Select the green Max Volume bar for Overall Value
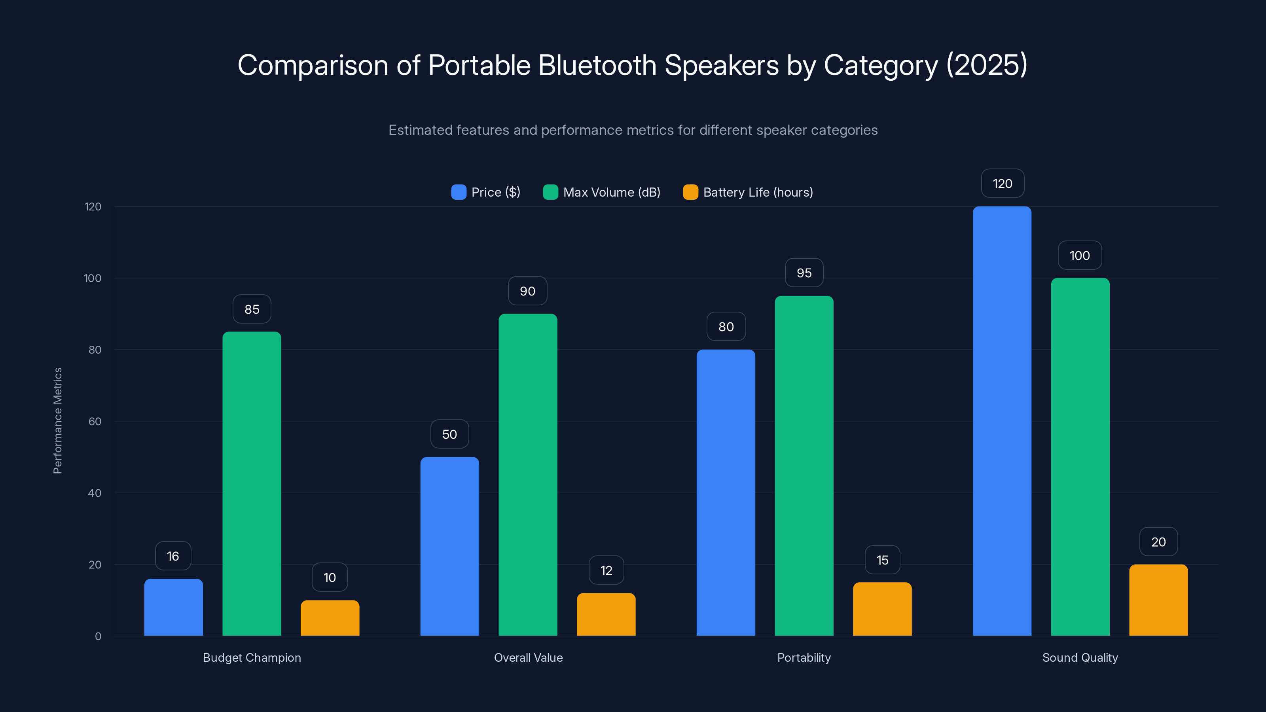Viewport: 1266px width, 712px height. (528, 475)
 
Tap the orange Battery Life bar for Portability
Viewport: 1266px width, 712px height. (882, 609)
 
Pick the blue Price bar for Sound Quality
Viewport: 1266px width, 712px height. (1002, 421)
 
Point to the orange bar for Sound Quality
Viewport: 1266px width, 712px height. (1158, 600)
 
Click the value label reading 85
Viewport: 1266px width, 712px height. (252, 309)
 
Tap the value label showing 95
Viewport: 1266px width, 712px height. (804, 273)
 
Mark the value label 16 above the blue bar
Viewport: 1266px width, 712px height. (173, 556)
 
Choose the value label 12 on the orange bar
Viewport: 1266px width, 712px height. (606, 570)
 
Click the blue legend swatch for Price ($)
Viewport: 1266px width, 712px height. (459, 192)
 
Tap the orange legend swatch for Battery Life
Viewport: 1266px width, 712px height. (690, 192)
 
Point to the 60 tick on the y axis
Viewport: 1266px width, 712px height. (95, 422)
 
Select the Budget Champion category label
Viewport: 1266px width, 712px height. (252, 657)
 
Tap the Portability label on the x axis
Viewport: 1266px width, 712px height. (804, 657)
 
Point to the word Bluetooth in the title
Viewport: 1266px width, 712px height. (597, 65)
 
